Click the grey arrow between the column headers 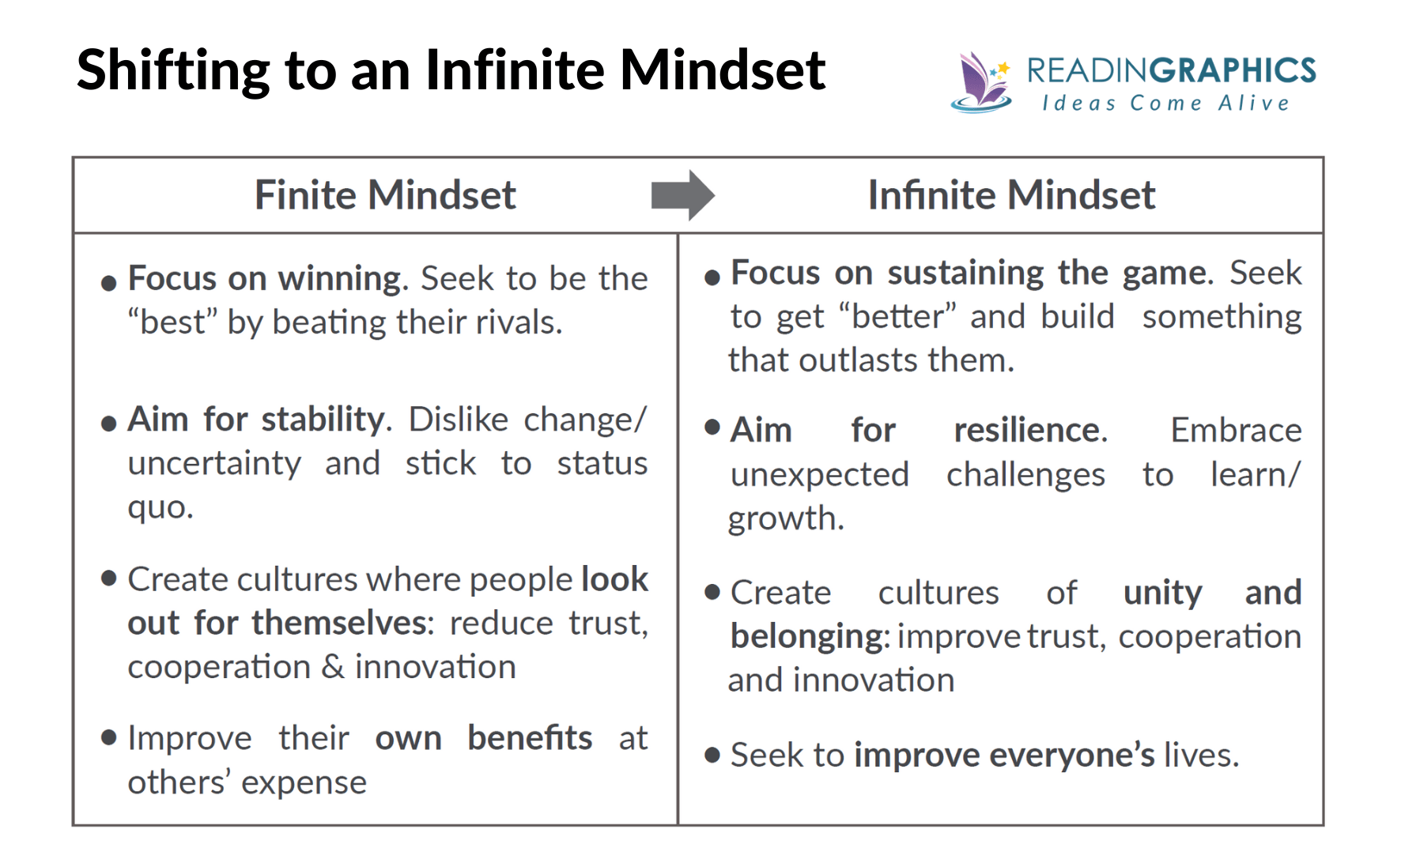(x=682, y=194)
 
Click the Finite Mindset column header (x=385, y=195)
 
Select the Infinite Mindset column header (x=1011, y=195)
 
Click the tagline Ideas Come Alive (x=1166, y=104)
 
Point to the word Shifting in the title (x=173, y=71)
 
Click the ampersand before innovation (x=333, y=667)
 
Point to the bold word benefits (x=529, y=738)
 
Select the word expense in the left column (x=304, y=783)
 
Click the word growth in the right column (x=784, y=519)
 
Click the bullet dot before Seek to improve (x=712, y=755)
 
